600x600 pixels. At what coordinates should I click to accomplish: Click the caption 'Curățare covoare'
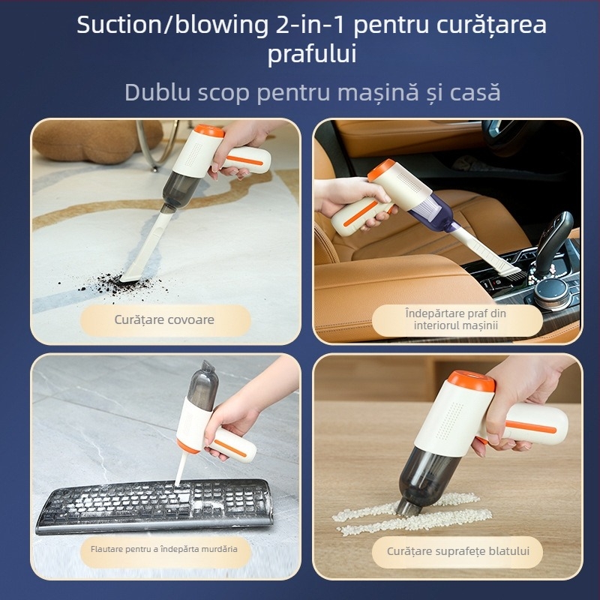(x=164, y=319)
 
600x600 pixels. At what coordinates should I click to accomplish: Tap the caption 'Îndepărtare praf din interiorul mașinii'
(x=456, y=319)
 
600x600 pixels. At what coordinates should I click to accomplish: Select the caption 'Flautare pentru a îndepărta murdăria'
(x=163, y=549)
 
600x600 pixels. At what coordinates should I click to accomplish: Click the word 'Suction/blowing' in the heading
(x=166, y=25)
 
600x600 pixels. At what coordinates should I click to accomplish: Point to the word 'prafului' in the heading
(x=312, y=55)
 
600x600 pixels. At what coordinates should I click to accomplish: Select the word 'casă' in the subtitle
(x=475, y=92)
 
